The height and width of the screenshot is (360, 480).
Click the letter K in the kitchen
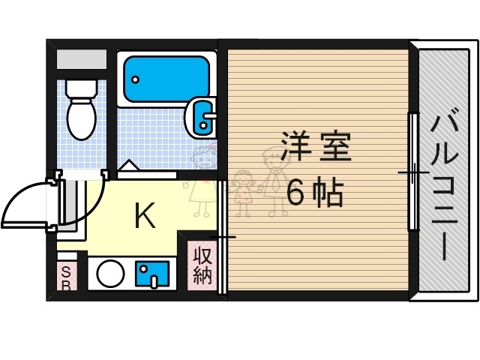click(144, 216)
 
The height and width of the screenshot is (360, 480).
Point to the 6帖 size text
click(316, 194)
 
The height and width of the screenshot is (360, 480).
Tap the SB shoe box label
click(66, 277)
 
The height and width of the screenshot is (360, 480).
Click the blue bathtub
click(166, 75)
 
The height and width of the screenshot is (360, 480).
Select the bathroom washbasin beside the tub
click(202, 116)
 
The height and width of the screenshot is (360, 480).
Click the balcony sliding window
click(412, 172)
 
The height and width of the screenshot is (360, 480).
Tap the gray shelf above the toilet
click(80, 58)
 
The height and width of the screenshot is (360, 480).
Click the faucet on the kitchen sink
click(154, 281)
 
